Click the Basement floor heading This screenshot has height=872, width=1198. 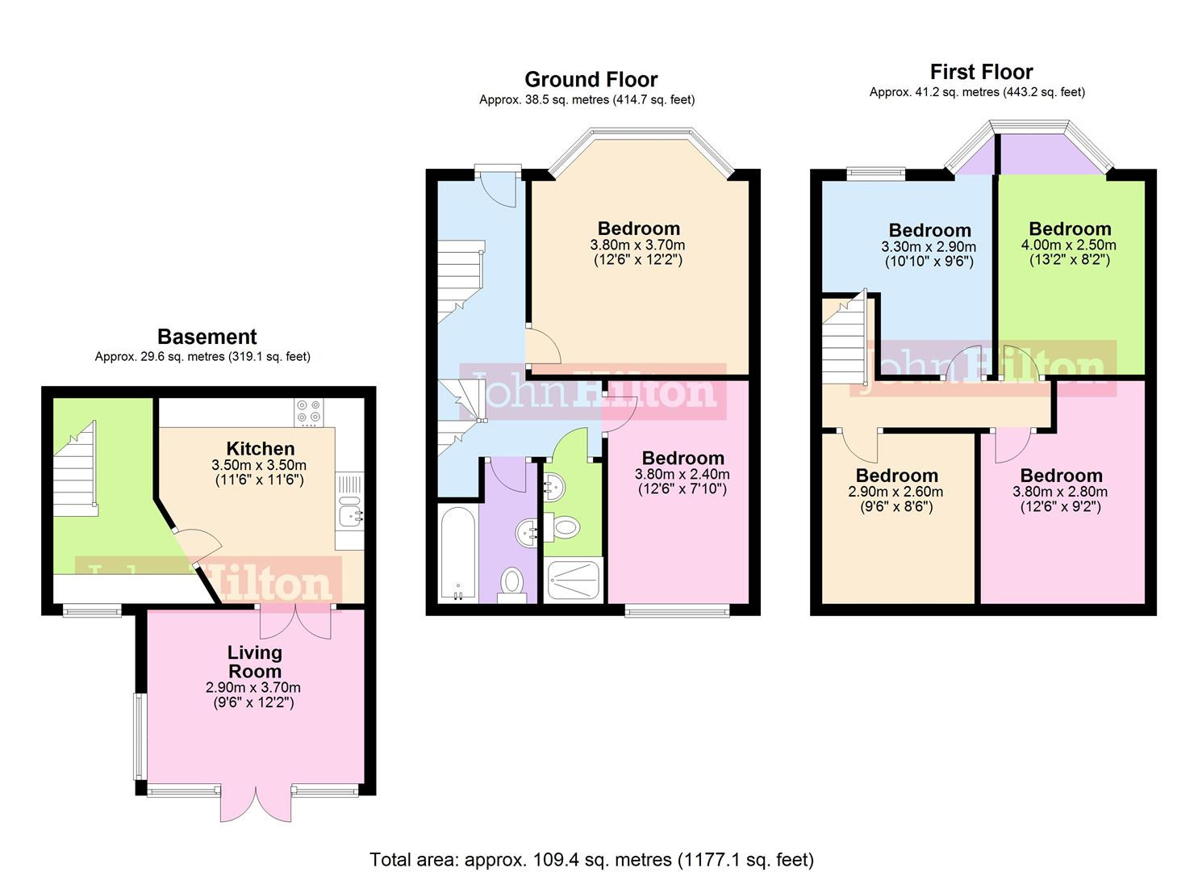[207, 337]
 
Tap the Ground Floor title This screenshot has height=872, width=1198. [591, 79]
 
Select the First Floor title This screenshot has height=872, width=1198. [981, 72]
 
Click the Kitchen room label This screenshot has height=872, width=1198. [260, 449]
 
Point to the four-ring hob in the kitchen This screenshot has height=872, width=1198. [308, 412]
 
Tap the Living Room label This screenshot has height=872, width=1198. [254, 661]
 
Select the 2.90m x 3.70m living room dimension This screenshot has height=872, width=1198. [253, 688]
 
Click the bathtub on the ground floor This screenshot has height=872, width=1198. [457, 553]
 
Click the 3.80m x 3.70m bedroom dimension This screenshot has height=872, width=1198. [637, 245]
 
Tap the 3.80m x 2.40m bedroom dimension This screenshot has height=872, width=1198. [682, 475]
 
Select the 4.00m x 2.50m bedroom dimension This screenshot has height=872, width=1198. [1070, 245]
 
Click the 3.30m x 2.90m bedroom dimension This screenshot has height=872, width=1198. [929, 247]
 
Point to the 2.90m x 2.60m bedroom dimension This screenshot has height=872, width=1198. [895, 492]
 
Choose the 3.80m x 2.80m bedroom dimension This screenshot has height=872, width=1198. [1060, 492]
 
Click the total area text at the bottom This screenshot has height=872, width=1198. [591, 859]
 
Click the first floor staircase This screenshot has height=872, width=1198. [844, 339]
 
